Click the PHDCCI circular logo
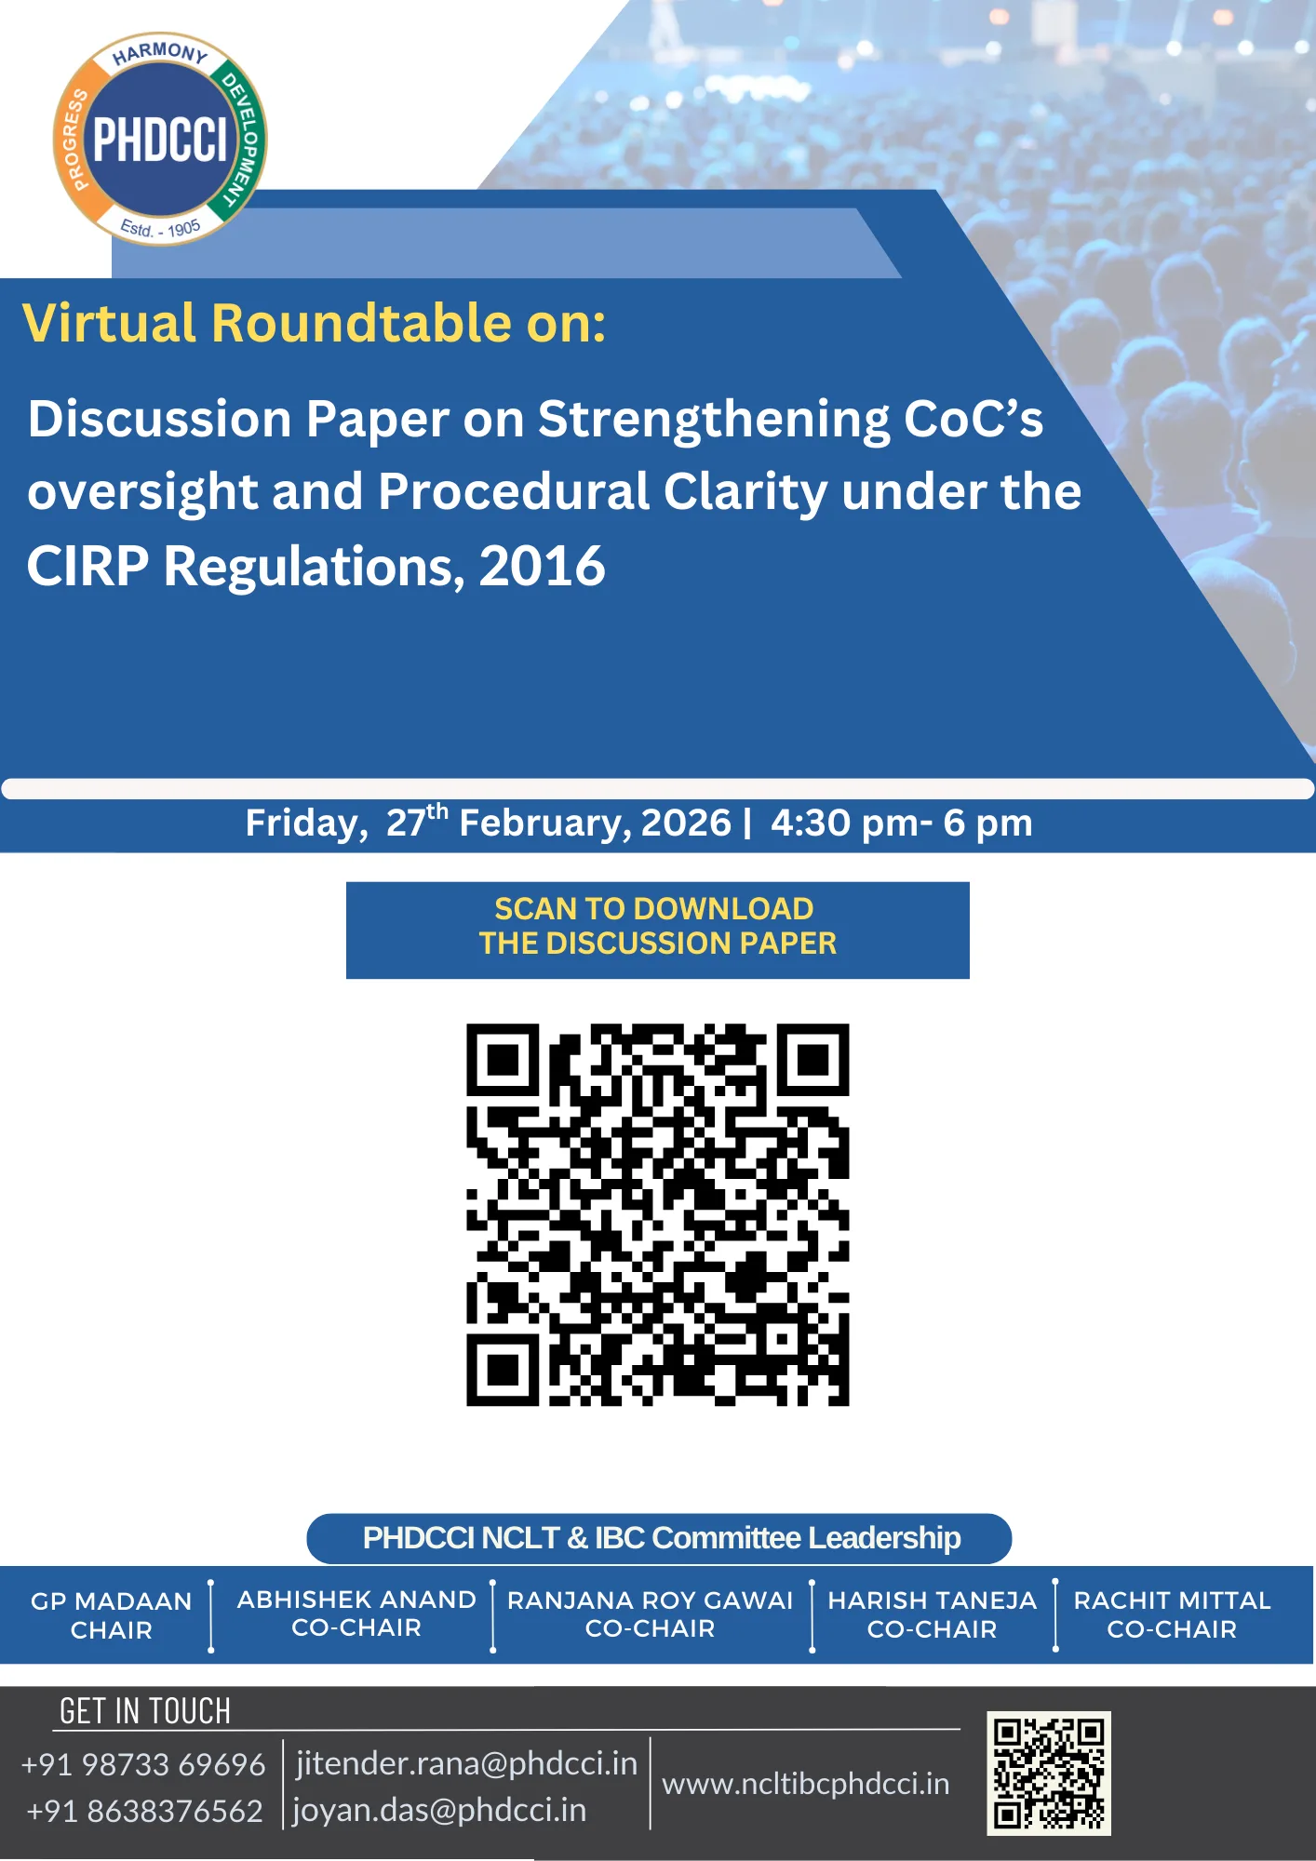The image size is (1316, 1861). pos(160,140)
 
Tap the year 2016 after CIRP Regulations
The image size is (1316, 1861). pos(542,566)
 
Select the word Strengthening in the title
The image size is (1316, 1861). pos(713,419)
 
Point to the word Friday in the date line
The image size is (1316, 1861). pos(306,823)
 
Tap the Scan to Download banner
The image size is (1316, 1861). pos(657,929)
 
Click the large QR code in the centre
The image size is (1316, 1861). pos(657,1214)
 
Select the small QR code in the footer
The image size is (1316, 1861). pos(1048,1773)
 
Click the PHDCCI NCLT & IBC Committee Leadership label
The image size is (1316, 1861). pos(659,1538)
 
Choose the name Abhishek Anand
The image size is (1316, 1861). pos(356,1599)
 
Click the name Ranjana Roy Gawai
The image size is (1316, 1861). pos(650,1600)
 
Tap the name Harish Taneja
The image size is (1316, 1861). pos(932,1600)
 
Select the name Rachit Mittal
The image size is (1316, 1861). pos(1172,1600)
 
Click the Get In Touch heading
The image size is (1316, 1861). pos(144,1711)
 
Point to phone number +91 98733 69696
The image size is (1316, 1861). pos(143,1764)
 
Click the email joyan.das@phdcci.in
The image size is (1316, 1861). pos(439,1810)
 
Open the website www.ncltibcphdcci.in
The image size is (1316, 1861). pos(805,1784)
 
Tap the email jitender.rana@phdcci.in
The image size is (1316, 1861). pos(466,1763)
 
